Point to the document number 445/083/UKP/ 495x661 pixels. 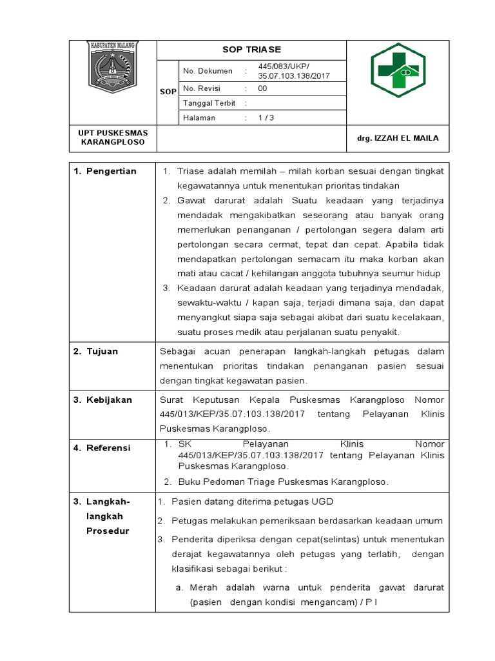[284, 66]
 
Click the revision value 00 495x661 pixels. [262, 88]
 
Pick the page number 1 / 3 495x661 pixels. [266, 118]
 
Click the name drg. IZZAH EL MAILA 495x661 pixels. [398, 138]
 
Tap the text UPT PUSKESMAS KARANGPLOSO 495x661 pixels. [113, 137]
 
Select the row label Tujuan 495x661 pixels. [103, 351]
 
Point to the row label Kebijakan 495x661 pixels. [109, 400]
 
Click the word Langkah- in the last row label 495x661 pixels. [108, 502]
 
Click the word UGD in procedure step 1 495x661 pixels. [322, 502]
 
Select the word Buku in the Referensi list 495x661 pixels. [189, 482]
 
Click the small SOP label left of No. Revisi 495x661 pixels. [168, 92]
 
